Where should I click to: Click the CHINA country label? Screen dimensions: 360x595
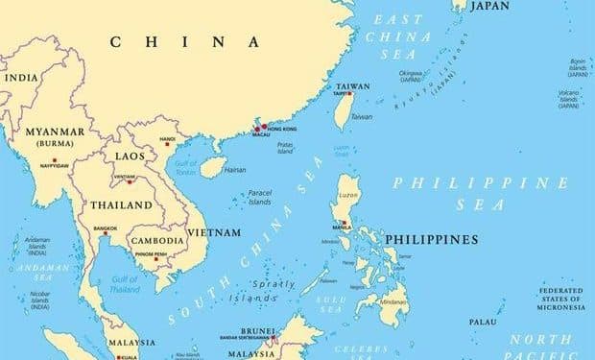click(x=185, y=42)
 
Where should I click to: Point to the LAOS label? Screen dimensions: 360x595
click(x=131, y=155)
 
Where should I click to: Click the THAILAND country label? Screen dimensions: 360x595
click(x=122, y=205)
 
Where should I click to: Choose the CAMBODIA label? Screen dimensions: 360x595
click(x=157, y=241)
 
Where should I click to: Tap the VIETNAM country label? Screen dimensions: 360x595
click(x=214, y=232)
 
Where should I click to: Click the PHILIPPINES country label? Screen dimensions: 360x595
click(x=431, y=238)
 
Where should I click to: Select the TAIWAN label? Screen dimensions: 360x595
click(x=353, y=86)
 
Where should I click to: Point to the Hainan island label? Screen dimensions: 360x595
click(x=234, y=170)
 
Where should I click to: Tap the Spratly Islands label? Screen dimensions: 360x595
click(x=266, y=291)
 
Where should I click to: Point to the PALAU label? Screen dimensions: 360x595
click(x=483, y=322)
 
